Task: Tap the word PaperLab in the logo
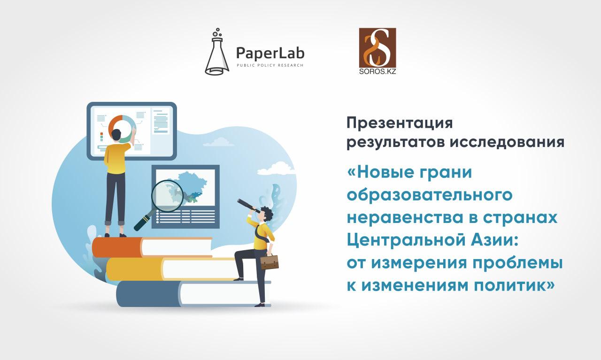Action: [x=270, y=53]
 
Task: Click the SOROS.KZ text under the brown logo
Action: [x=378, y=72]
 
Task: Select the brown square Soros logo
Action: [x=378, y=48]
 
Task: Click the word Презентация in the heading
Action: [x=400, y=123]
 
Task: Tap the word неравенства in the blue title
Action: [x=405, y=218]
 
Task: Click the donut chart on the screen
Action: [x=122, y=129]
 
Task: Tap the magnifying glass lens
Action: [x=167, y=196]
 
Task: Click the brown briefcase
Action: [x=270, y=261]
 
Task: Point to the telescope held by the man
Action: [x=248, y=206]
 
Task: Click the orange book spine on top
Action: [x=117, y=247]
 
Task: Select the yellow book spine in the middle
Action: [x=134, y=269]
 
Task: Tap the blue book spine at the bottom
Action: [x=148, y=294]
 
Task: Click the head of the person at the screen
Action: [x=116, y=135]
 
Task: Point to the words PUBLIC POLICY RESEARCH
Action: [x=270, y=65]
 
